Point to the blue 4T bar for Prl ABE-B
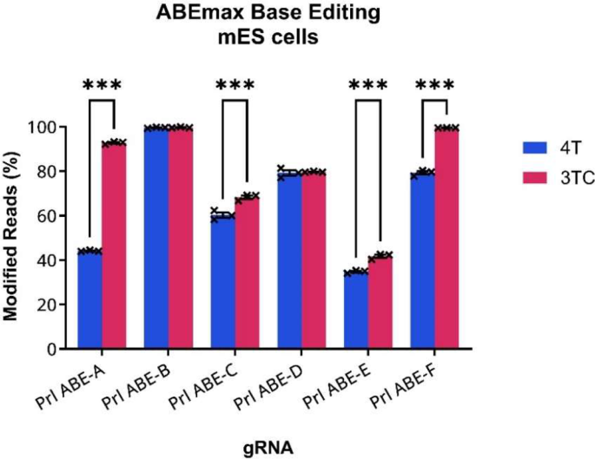pos(156,238)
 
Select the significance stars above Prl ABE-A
pos(102,85)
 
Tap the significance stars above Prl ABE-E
pos(367,85)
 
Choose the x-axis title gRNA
pos(268,447)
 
